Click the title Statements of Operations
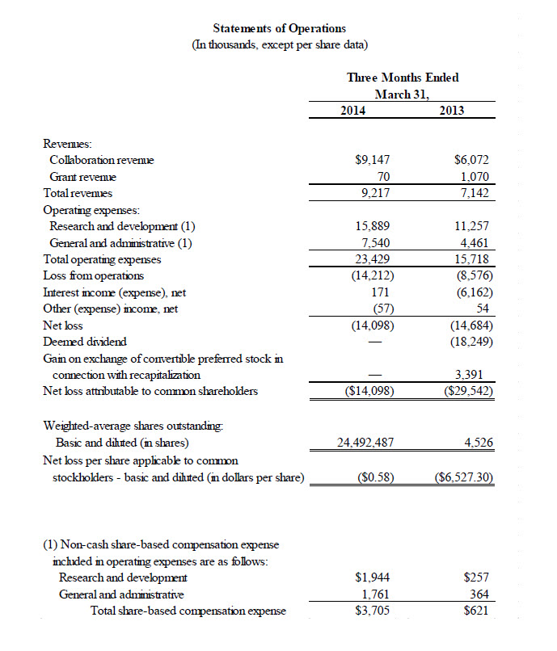point(279,29)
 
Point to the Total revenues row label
point(77,194)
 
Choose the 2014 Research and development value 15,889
point(374,227)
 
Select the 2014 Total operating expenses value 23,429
point(374,259)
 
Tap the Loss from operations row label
point(93,276)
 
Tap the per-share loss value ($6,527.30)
point(464,478)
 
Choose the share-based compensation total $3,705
point(373,611)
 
